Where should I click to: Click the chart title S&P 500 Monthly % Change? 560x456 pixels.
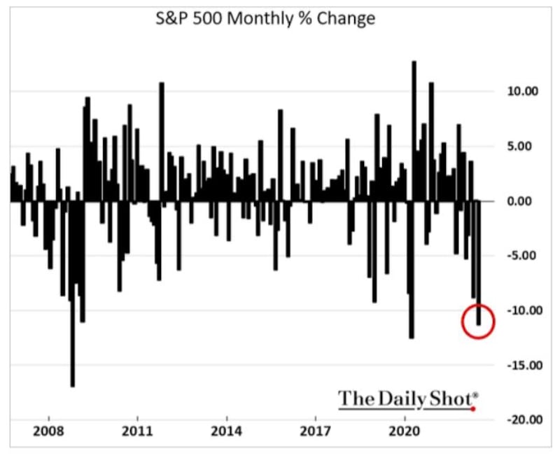[265, 19]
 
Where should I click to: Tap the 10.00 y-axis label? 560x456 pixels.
[522, 92]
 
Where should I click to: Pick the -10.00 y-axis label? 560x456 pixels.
[522, 310]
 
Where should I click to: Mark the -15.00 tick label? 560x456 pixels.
[522, 365]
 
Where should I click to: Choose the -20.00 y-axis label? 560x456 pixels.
[522, 419]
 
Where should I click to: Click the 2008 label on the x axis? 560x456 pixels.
[48, 431]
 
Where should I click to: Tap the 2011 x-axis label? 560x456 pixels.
[137, 431]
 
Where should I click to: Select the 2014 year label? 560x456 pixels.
[226, 431]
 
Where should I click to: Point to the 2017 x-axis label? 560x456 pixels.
[316, 431]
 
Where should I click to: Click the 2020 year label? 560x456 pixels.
[405, 431]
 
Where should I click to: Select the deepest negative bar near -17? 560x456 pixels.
[73, 293]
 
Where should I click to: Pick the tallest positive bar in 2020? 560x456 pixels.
[414, 131]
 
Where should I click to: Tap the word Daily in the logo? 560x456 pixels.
[402, 399]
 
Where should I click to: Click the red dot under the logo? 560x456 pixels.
[473, 409]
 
